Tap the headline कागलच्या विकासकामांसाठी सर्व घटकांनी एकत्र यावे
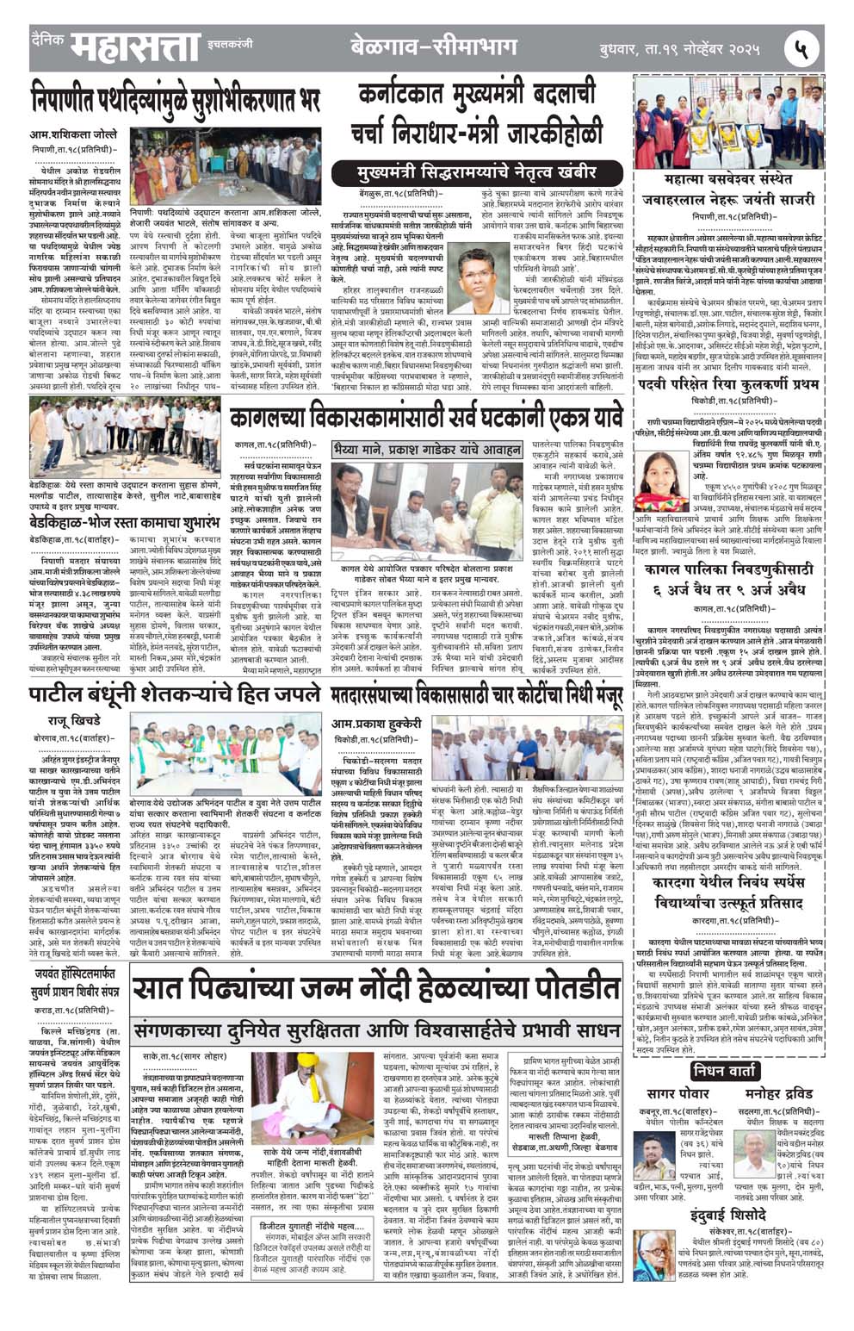(426, 419)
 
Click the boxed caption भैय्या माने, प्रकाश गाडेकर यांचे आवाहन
(427, 450)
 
